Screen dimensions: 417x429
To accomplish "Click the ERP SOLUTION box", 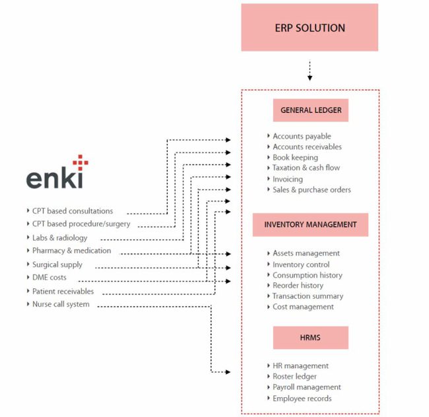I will click(x=310, y=28).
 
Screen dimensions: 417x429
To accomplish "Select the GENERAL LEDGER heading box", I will click(x=310, y=110).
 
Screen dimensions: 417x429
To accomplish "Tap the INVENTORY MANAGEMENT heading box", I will click(x=310, y=224).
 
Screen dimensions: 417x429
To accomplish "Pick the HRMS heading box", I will click(x=310, y=337).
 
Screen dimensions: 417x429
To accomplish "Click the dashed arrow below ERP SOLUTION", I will click(x=310, y=70).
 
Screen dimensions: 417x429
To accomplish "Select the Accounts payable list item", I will click(x=302, y=137).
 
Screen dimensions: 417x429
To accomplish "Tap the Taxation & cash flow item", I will click(x=306, y=168).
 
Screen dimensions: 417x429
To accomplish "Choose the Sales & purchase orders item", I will click(x=312, y=190).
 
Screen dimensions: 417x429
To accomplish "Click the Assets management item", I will click(x=306, y=253).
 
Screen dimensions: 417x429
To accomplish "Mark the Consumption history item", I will click(x=308, y=275).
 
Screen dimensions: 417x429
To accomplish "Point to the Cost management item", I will click(x=303, y=307).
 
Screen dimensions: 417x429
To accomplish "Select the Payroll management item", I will click(x=307, y=387).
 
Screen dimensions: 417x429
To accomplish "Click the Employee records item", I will click(x=302, y=399).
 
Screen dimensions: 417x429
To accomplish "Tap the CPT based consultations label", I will click(x=73, y=211).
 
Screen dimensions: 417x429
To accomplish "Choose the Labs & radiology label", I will click(x=59, y=238).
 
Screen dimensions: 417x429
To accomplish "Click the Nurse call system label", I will click(x=61, y=304).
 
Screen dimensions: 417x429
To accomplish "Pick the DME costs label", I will click(x=49, y=278).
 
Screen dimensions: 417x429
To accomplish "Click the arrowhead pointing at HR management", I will click(x=228, y=372).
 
